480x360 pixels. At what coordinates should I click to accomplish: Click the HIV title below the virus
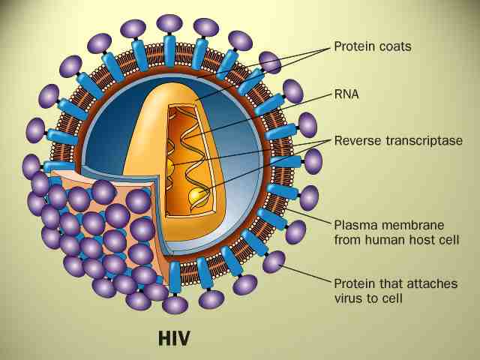tap(174, 337)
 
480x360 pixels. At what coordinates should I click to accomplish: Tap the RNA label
tap(347, 95)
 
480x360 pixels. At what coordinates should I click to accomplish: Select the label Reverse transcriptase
tap(397, 140)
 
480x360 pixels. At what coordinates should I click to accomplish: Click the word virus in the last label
tap(349, 298)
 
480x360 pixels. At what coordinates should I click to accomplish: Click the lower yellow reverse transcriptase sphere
tap(197, 196)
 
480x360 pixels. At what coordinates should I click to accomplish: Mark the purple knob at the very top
tap(169, 22)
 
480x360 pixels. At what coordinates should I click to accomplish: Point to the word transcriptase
tap(419, 140)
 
